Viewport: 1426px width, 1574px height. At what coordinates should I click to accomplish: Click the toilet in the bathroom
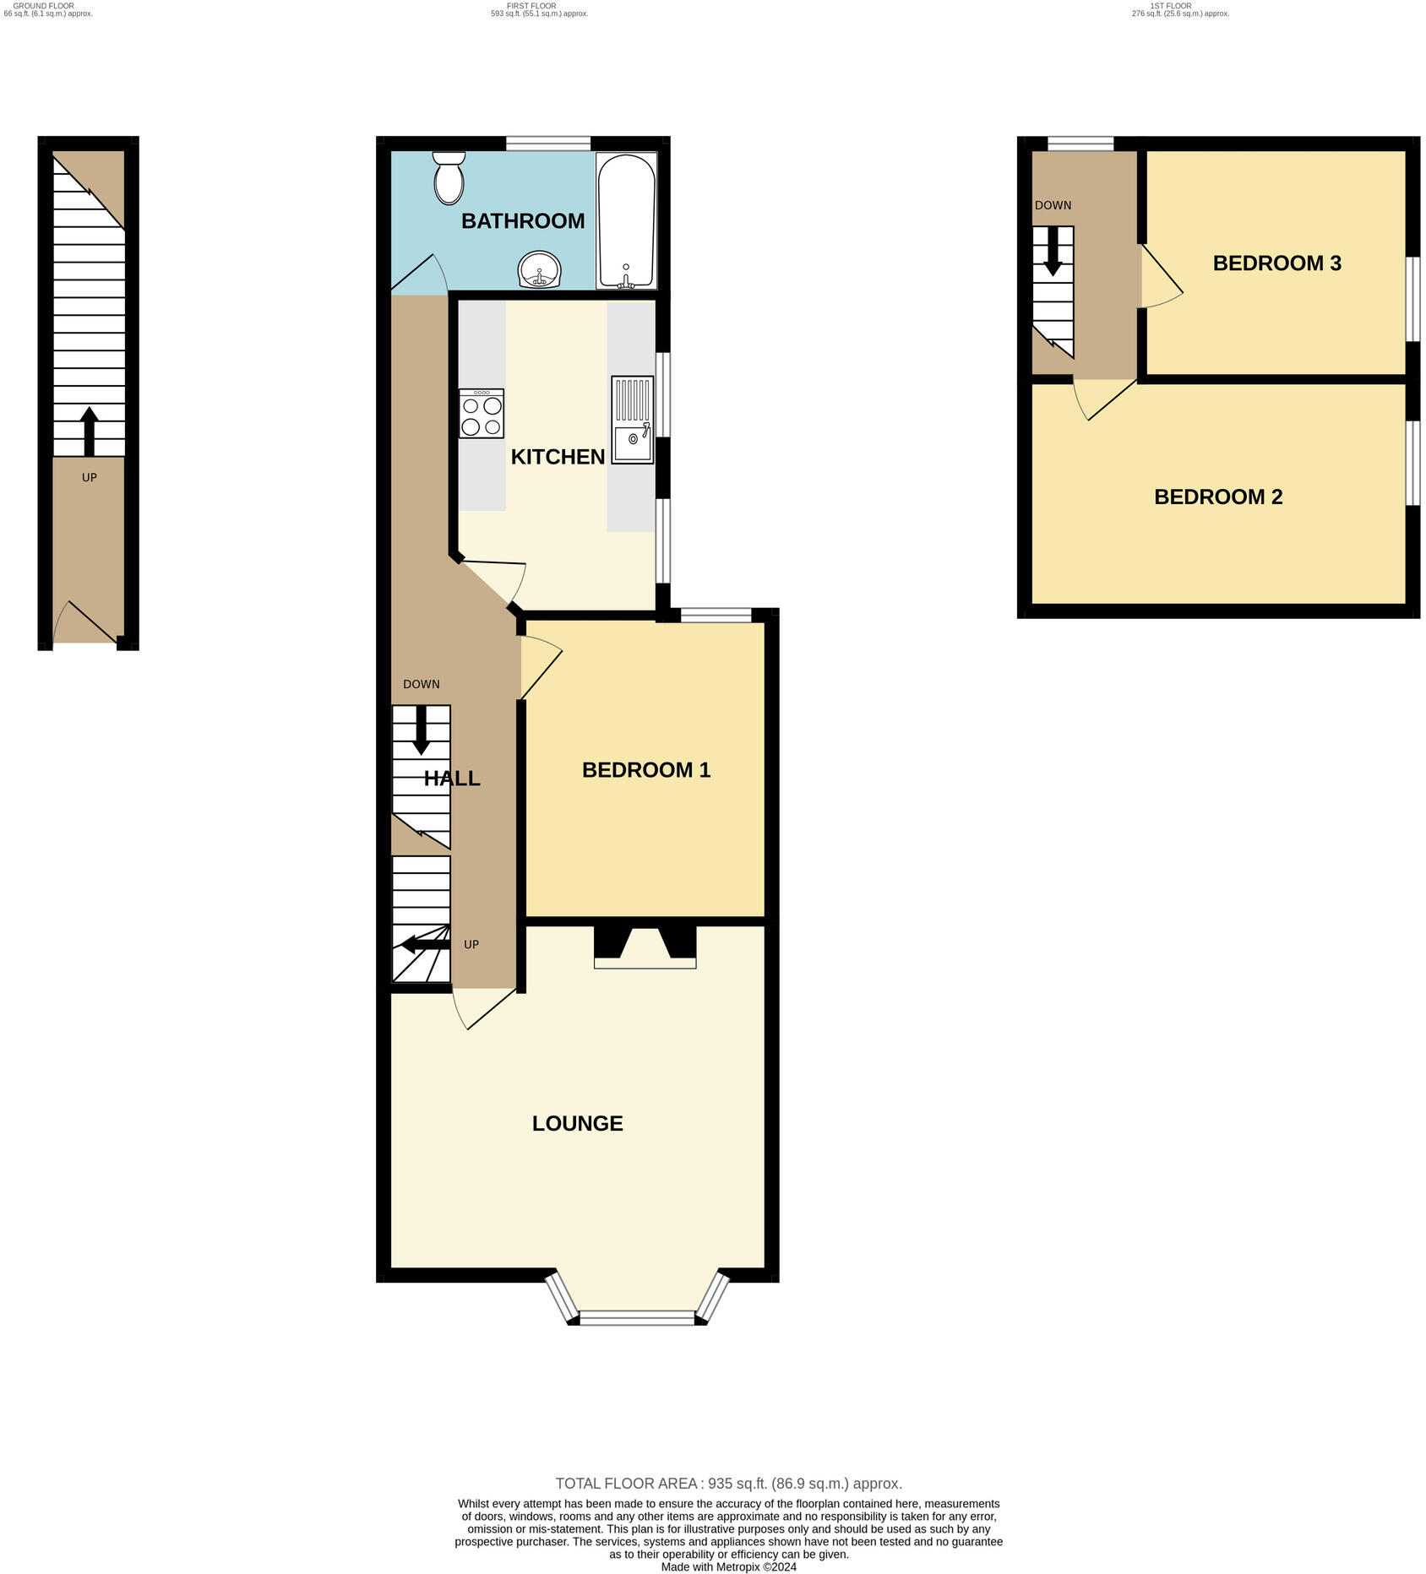449,177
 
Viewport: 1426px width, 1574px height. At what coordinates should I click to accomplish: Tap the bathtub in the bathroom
626,220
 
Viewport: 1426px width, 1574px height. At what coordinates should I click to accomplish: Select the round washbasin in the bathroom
539,270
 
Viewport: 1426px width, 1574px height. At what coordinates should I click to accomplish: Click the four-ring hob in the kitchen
482,414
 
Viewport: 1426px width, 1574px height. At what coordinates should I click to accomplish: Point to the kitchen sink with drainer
633,421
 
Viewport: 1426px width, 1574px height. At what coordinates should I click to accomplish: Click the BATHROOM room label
523,221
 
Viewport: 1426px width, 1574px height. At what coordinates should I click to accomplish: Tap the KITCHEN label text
558,457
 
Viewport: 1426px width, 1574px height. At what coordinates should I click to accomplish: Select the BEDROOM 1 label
646,770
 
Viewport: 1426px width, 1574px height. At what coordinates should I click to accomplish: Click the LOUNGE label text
578,1123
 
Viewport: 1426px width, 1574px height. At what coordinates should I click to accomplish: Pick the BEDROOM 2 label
1218,497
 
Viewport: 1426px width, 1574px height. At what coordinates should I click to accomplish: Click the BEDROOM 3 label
1276,263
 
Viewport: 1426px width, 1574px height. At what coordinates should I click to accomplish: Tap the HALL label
452,779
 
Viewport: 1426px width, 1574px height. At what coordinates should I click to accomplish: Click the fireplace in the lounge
645,946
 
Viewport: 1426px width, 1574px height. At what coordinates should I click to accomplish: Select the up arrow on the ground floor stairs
89,431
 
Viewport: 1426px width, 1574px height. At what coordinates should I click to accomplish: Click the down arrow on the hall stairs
421,730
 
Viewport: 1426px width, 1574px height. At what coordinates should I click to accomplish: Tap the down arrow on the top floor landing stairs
1053,252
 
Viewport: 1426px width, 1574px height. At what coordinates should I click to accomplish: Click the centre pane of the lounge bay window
637,1316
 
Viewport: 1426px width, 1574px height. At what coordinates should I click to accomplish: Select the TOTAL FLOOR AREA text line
728,1483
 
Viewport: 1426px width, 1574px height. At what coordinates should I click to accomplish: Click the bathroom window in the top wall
548,144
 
